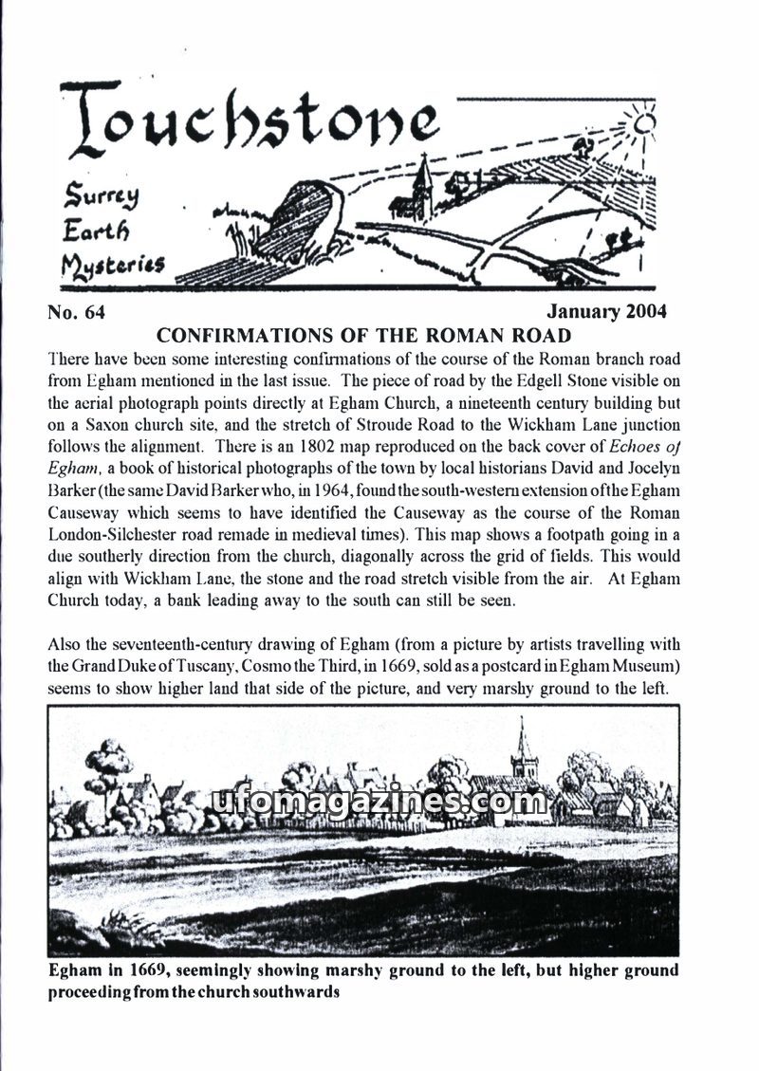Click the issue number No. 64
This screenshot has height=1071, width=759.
82,311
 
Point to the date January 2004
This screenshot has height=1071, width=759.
607,311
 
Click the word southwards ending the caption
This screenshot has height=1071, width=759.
300,992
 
